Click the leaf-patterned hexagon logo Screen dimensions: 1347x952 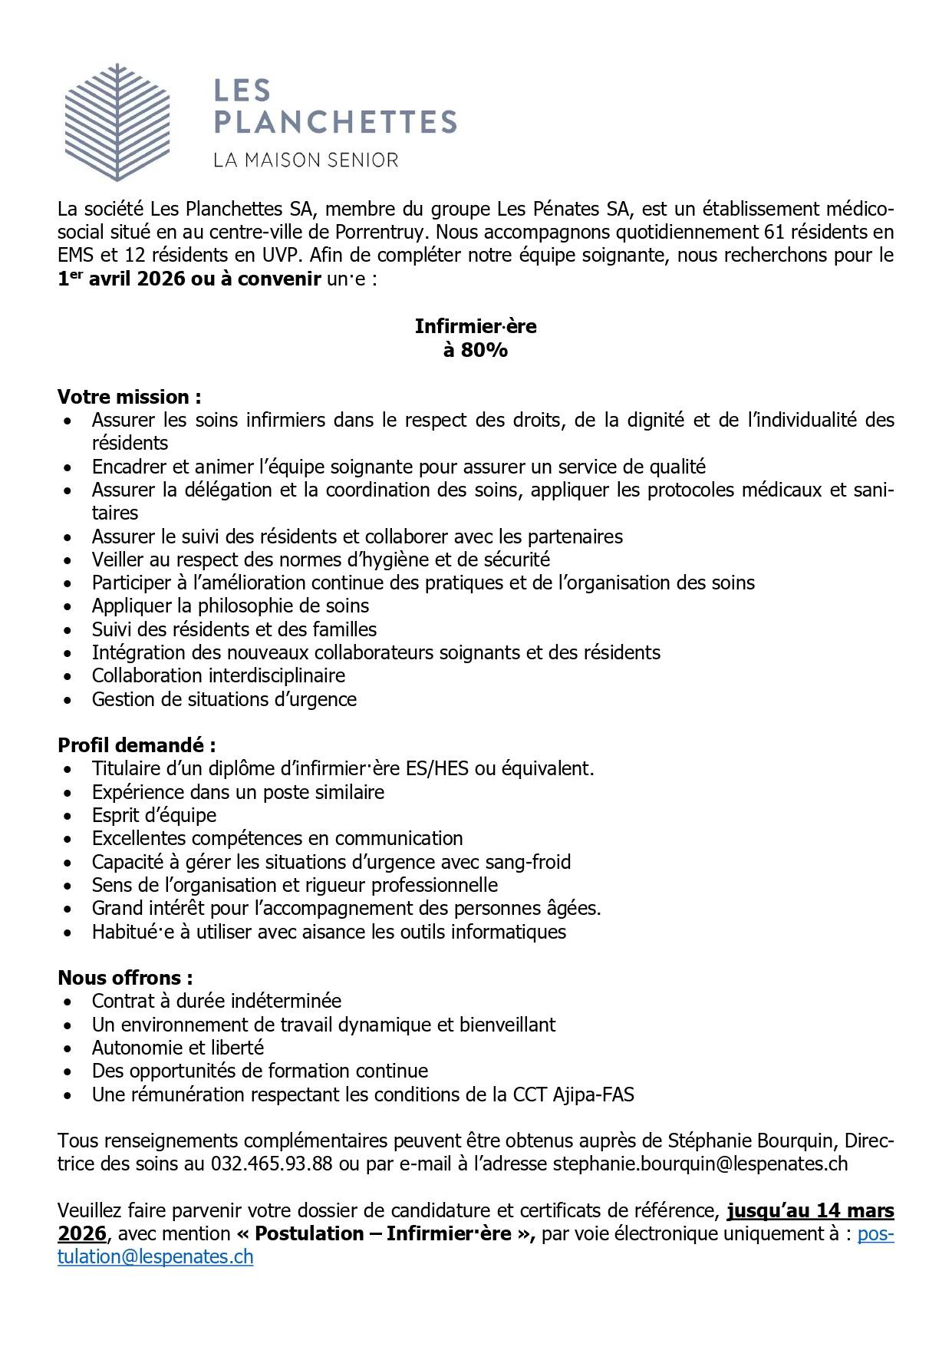pyautogui.click(x=117, y=123)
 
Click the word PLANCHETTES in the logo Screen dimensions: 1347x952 pyautogui.click(x=334, y=121)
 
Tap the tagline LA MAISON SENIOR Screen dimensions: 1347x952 pyautogui.click(x=305, y=160)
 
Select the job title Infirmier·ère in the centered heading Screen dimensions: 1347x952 pyautogui.click(x=476, y=326)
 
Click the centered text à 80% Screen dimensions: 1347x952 pyautogui.click(x=476, y=350)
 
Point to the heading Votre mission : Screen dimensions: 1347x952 pyautogui.click(x=130, y=397)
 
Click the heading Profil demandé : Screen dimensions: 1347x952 pyautogui.click(x=137, y=745)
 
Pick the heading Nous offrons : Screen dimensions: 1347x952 pyautogui.click(x=125, y=978)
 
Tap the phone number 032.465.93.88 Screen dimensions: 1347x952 pyautogui.click(x=272, y=1164)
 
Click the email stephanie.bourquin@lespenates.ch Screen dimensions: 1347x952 pyautogui.click(x=700, y=1164)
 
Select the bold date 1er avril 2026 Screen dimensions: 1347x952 pyautogui.click(x=121, y=279)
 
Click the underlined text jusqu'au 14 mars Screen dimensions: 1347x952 pyautogui.click(x=810, y=1210)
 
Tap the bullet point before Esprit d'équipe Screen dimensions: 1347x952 pyautogui.click(x=71, y=816)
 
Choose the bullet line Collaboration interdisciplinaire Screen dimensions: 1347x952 pyautogui.click(x=219, y=675)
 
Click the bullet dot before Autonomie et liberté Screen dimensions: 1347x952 pyautogui.click(x=71, y=1048)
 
